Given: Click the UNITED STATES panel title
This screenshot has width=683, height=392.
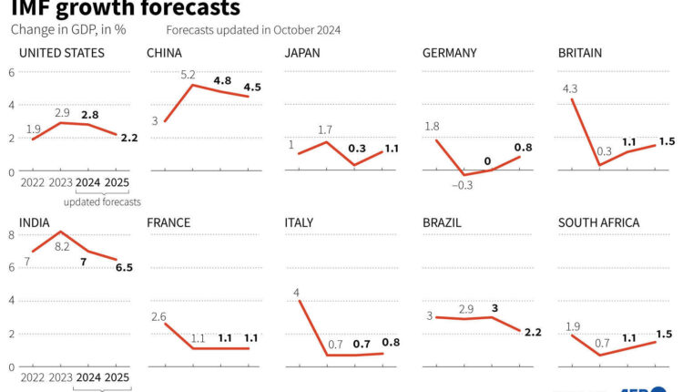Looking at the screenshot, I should point(61,53).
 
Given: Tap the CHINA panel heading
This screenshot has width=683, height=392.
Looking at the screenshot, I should point(164,53).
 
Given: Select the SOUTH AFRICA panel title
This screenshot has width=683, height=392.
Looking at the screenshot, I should point(599,222).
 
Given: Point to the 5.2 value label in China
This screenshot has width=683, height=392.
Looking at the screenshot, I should point(189,74).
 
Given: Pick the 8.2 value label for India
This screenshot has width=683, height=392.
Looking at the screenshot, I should point(62,246).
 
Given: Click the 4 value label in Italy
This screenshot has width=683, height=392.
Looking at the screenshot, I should point(297,293).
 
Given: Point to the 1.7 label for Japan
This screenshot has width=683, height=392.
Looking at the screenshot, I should point(325,130).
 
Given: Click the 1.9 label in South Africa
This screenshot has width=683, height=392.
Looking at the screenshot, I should point(575,326).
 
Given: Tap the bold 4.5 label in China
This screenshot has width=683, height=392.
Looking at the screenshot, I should point(250,88).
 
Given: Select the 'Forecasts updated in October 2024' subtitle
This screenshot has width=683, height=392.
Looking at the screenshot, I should point(253,29).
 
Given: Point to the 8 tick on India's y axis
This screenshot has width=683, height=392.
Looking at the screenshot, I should point(11,234).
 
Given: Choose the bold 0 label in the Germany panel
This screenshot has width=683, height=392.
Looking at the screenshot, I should point(488,161).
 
